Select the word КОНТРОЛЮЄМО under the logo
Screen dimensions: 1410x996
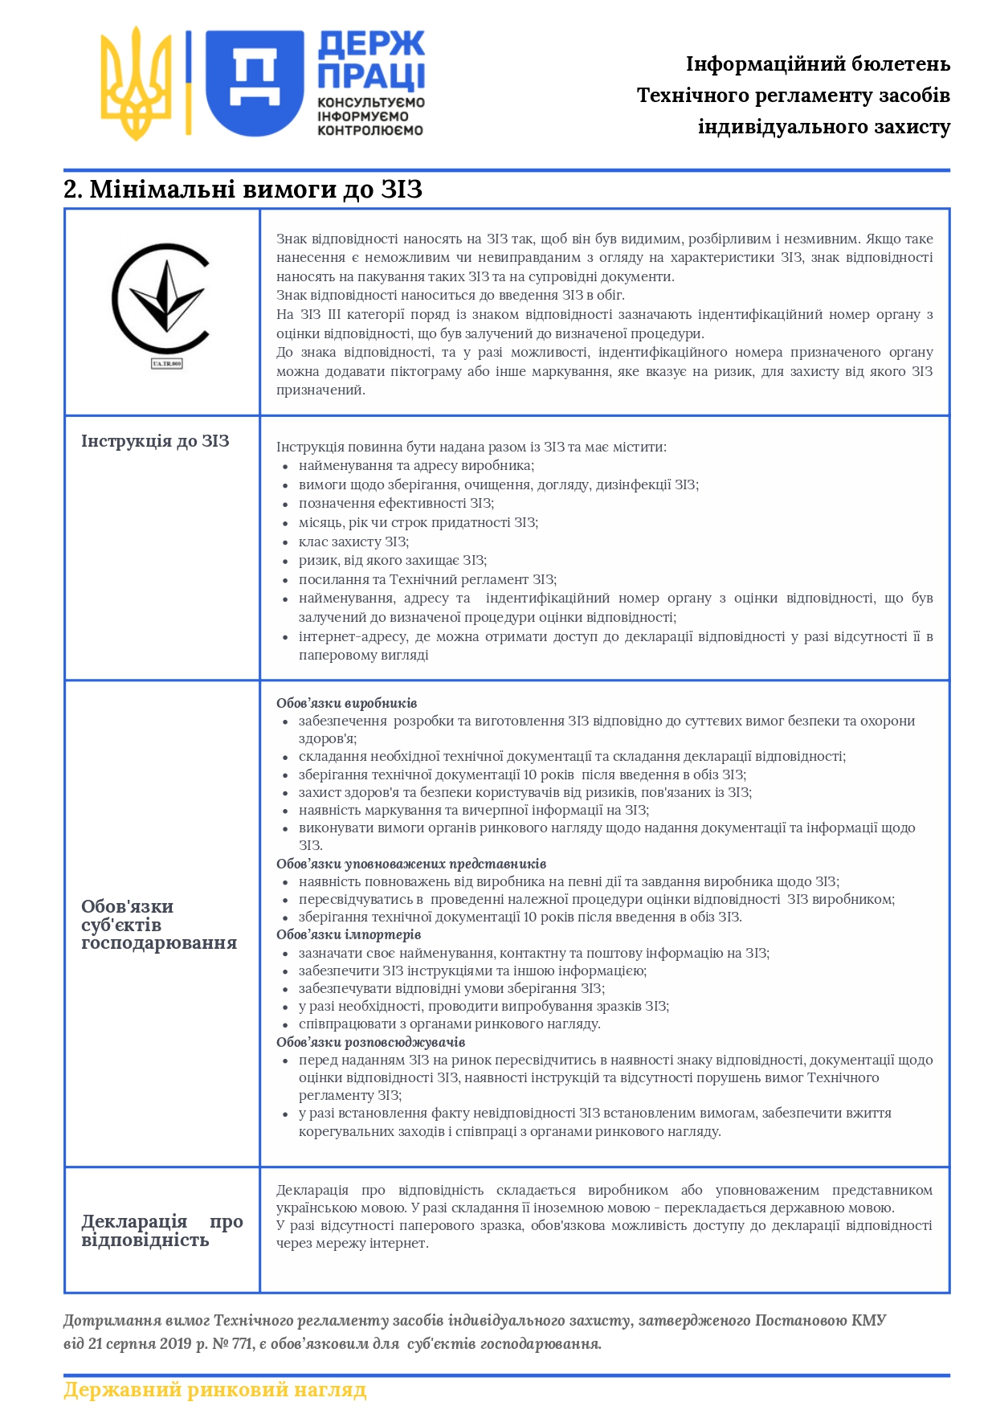point(369,130)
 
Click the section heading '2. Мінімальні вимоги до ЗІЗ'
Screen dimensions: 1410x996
point(243,190)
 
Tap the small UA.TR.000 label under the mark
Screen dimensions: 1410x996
point(167,364)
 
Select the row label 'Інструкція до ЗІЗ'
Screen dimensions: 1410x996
point(155,441)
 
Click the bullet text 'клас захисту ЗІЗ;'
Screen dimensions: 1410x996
point(353,542)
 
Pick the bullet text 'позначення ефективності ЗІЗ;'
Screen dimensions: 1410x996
point(396,503)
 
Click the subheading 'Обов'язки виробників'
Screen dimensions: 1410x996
point(346,703)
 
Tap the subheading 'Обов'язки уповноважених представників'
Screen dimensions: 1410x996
point(410,864)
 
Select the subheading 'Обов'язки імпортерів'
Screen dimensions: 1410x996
point(348,934)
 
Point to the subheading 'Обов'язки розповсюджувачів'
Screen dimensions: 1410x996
point(370,1042)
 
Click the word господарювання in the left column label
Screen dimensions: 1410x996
point(159,943)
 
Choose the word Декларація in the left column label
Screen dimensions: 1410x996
point(134,1221)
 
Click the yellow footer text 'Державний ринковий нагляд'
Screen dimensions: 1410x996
point(214,1389)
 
